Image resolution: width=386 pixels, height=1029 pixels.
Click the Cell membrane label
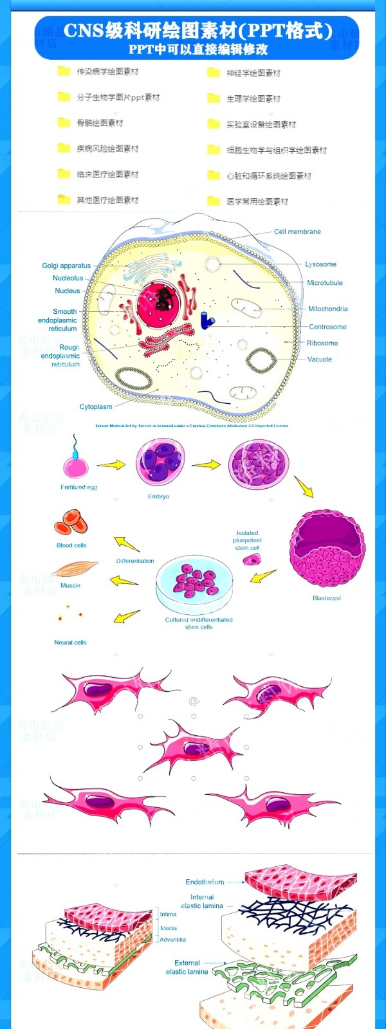[297, 232]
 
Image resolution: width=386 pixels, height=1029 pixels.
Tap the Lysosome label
[320, 264]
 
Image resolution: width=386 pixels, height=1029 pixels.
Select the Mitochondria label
[327, 309]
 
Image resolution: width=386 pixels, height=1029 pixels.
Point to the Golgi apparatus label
[66, 265]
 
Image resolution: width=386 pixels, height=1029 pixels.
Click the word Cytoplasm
[96, 406]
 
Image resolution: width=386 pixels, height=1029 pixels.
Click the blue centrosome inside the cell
[207, 320]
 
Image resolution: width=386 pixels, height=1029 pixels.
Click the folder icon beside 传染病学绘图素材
[64, 71]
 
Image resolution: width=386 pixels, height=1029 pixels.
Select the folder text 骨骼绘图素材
[100, 123]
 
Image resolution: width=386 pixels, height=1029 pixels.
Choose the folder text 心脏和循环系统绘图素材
[269, 176]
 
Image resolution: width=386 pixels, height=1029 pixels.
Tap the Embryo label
[158, 496]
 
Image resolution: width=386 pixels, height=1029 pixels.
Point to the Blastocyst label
[327, 598]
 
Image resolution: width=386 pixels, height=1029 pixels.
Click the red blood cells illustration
[71, 522]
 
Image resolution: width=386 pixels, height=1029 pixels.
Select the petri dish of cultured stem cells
[194, 582]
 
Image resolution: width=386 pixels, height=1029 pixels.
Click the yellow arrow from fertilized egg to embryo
[111, 464]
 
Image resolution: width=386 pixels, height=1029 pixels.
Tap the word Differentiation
[135, 561]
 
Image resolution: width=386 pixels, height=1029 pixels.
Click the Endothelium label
[205, 882]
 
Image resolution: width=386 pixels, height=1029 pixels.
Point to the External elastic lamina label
[187, 967]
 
